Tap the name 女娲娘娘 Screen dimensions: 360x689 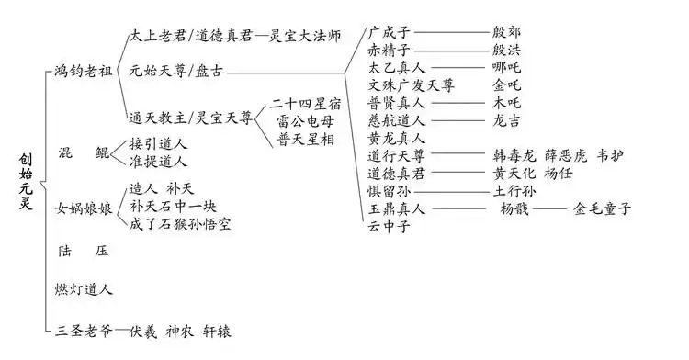[x=84, y=208]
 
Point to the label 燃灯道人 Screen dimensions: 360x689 [x=84, y=289]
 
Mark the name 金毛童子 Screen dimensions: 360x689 [x=603, y=208]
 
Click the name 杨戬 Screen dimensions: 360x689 [x=514, y=208]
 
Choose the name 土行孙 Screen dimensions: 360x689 [x=514, y=191]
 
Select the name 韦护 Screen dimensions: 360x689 [x=614, y=154]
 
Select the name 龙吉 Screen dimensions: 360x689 [x=508, y=119]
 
